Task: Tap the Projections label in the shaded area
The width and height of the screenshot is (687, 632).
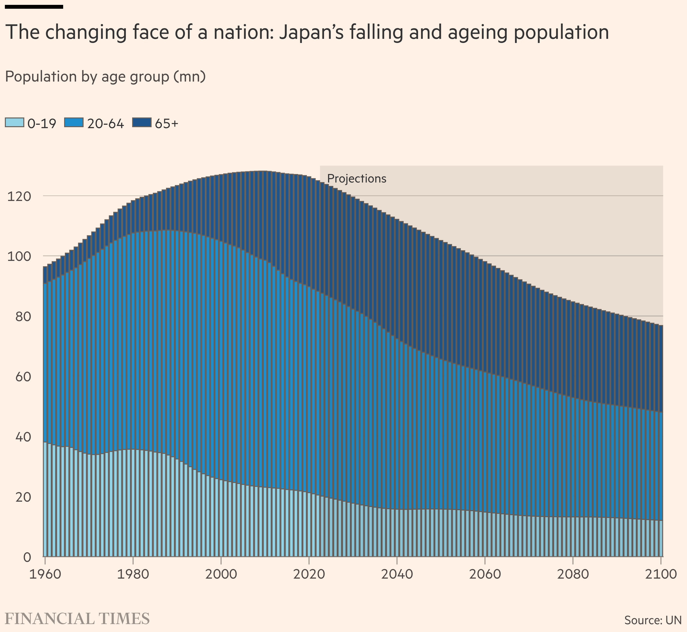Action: pos(357,179)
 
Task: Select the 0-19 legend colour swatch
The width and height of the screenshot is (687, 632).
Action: pos(14,122)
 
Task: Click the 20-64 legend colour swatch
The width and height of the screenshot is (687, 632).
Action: pos(74,122)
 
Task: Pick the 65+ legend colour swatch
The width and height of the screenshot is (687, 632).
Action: pos(142,122)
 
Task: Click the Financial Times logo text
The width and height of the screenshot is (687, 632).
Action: pos(77,619)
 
